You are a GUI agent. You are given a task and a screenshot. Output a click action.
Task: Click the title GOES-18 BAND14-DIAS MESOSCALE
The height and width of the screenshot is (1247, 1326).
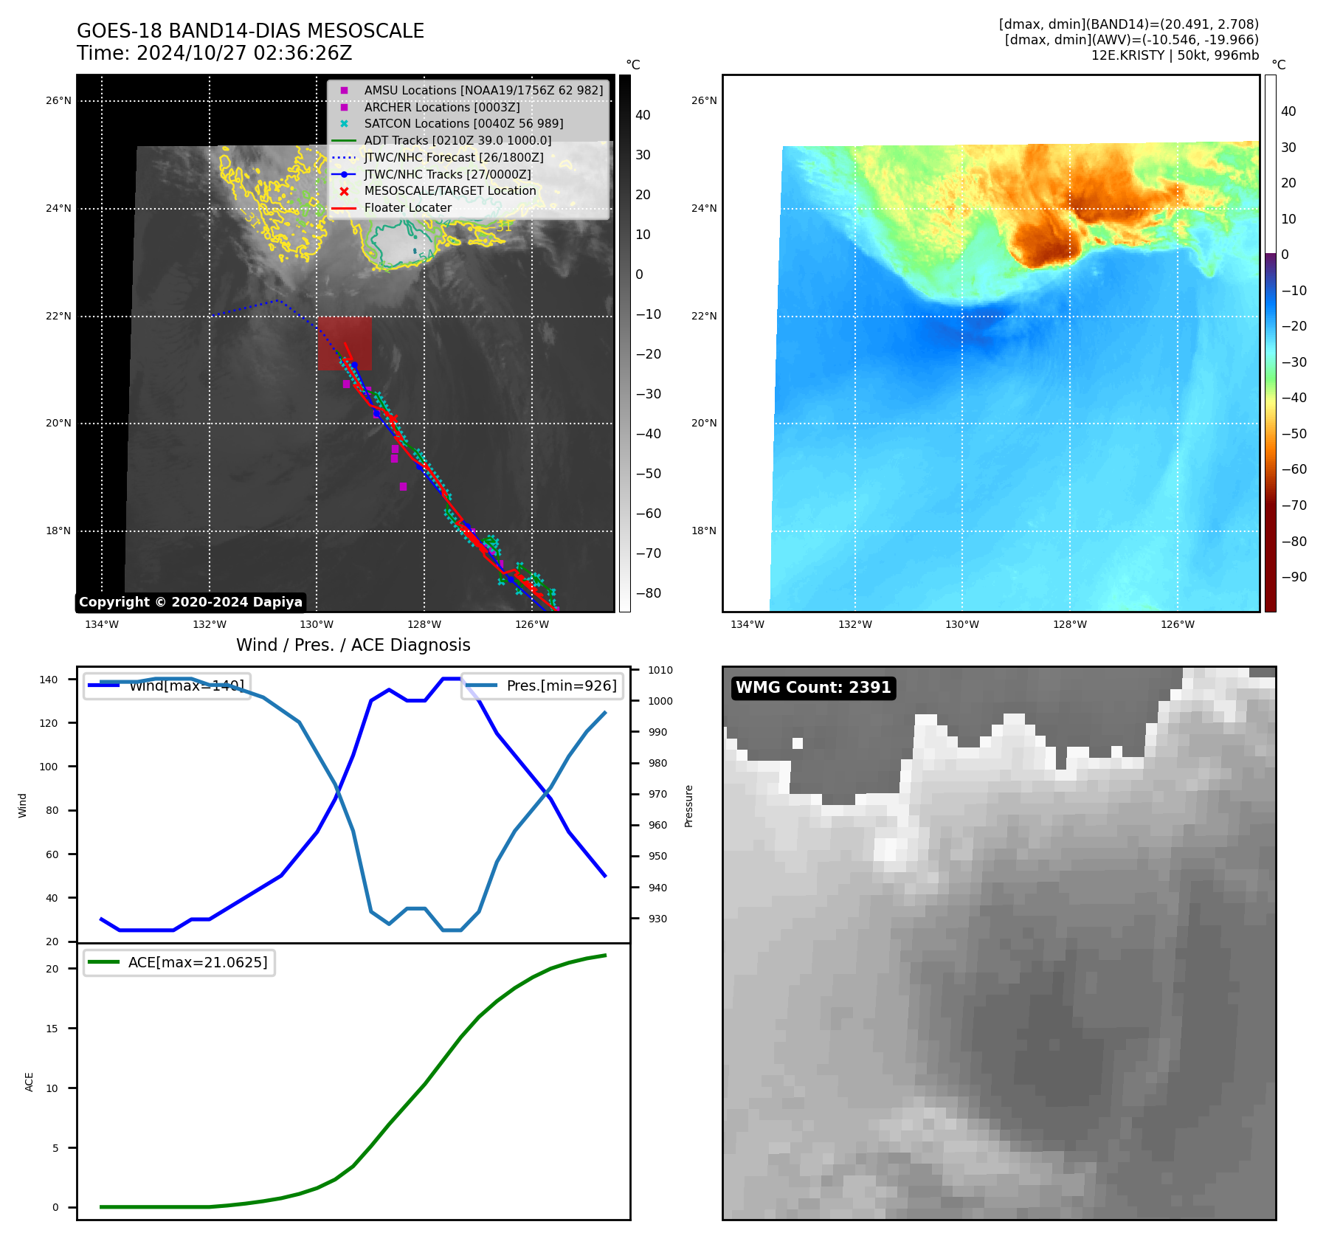coord(250,31)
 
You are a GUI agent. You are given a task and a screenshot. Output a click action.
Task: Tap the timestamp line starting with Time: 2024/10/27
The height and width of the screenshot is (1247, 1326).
coord(214,53)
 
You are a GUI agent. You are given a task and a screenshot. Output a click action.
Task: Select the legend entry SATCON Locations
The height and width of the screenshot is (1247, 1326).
coord(463,123)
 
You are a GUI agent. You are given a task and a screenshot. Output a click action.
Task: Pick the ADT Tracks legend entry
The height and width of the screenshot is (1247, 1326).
coord(457,140)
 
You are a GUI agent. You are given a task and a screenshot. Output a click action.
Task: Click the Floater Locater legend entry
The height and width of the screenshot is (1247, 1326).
coord(407,207)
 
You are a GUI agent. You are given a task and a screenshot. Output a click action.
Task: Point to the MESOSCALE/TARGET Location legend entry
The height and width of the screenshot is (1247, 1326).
coord(449,190)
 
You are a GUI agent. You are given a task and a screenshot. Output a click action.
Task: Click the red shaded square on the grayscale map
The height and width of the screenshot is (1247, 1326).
coord(345,343)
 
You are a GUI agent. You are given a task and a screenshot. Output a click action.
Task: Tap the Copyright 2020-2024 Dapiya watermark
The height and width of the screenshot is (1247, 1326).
coord(190,602)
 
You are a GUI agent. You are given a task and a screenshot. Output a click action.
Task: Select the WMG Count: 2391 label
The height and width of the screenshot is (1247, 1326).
coord(813,688)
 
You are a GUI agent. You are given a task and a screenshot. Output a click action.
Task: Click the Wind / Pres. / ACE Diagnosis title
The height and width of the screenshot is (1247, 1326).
coord(353,645)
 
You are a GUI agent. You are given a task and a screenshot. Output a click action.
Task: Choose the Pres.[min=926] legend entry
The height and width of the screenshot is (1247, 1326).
coord(561,685)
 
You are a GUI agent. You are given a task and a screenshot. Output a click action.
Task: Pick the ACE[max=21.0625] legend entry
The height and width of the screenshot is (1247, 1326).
coord(197,962)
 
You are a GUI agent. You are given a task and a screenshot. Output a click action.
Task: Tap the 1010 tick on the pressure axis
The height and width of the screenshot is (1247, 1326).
coord(660,670)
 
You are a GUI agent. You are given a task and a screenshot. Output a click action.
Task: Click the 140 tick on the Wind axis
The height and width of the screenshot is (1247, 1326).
coord(49,680)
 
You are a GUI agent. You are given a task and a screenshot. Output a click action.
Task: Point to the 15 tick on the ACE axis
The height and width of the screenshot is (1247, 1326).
coord(52,1029)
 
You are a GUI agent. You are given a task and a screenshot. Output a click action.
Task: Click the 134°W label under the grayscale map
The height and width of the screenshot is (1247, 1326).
coord(102,624)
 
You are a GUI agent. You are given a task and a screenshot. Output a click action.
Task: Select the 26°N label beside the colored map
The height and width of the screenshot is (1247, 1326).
coord(704,100)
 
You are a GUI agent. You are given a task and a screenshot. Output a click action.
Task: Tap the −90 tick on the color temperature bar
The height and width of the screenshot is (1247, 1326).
coord(1294,577)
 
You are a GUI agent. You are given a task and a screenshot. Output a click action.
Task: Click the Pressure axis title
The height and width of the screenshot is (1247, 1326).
coord(688,806)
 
